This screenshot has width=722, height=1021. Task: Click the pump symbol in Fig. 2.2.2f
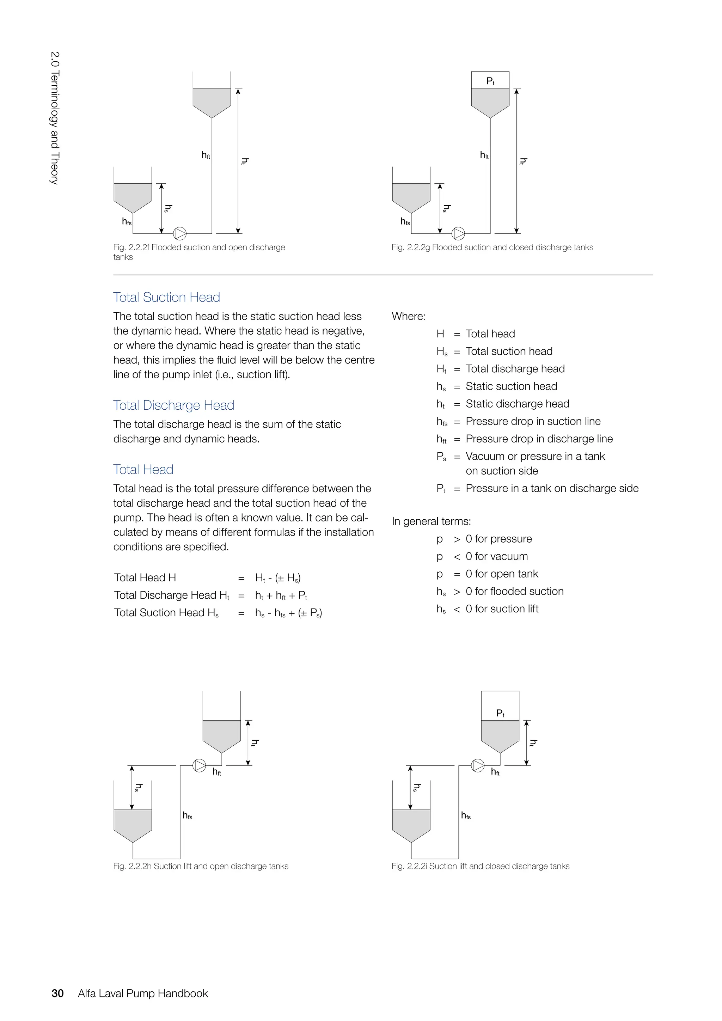tap(179, 233)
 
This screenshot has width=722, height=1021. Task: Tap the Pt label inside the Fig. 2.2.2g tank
tap(490, 81)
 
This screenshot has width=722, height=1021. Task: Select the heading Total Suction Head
tap(167, 297)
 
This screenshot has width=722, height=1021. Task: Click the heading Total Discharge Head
tap(173, 405)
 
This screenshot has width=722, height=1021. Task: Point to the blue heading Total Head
tap(143, 469)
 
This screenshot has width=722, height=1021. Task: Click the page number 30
tap(58, 993)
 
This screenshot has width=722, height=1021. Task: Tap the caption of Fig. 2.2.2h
tap(201, 866)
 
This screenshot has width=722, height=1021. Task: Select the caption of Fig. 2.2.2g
tap(492, 247)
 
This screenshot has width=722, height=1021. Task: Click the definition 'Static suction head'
tap(511, 386)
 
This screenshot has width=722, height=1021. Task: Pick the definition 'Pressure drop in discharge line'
tap(539, 439)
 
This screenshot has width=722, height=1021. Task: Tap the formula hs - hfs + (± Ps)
tap(288, 613)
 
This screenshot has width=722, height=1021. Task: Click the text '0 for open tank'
tap(502, 574)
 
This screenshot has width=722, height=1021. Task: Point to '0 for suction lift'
tap(502, 609)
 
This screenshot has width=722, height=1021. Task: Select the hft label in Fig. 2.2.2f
tap(206, 155)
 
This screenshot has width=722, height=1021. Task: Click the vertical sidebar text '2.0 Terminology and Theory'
tap(54, 118)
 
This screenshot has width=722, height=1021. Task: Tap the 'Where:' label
tap(408, 316)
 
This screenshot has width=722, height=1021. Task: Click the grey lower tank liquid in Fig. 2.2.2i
tap(411, 823)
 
